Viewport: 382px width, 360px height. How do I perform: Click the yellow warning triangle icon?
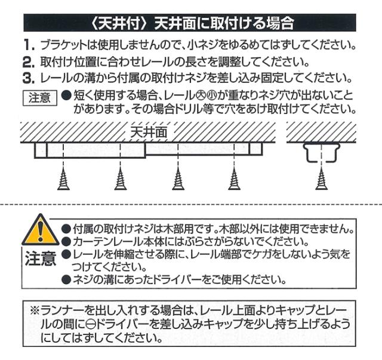click(41, 230)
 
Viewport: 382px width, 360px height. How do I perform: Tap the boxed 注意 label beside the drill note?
click(40, 98)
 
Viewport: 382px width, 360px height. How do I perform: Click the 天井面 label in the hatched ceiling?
click(149, 133)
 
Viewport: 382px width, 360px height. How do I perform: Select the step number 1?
click(29, 45)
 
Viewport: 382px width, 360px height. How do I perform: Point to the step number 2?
click(29, 62)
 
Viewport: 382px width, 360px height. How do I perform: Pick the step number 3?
click(29, 78)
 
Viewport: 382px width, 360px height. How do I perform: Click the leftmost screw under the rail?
click(63, 179)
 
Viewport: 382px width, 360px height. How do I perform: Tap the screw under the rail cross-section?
click(322, 179)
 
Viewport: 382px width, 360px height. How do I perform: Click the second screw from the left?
click(121, 179)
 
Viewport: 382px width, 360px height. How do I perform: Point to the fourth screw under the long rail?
click(235, 179)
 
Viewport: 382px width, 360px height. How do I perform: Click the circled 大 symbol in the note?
click(200, 96)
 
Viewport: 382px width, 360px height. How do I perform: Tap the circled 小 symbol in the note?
click(210, 96)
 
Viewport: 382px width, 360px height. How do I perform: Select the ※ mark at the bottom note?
click(35, 310)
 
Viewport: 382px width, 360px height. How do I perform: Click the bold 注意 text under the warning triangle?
click(41, 259)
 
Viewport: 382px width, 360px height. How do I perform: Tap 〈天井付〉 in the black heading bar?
click(119, 23)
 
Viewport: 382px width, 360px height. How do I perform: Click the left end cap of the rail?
click(41, 150)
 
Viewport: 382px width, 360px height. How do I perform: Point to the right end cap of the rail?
click(255, 149)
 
